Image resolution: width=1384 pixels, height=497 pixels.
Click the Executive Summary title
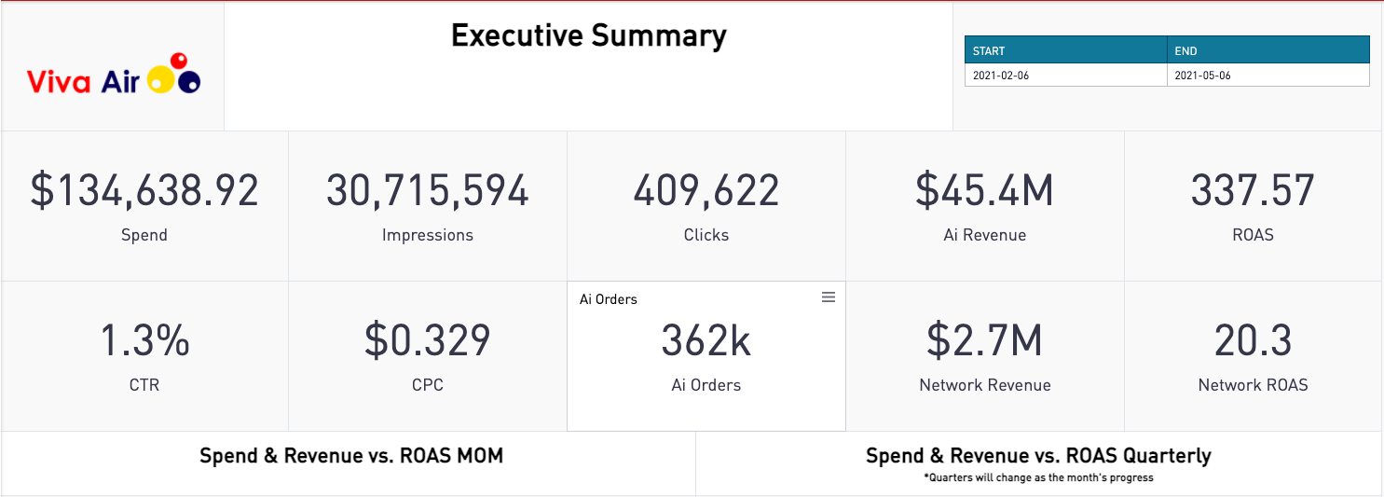pos(588,35)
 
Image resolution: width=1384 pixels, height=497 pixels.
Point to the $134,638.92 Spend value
pos(144,190)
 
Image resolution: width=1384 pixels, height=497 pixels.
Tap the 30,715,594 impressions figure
pos(427,190)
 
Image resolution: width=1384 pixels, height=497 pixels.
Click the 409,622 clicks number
pos(706,190)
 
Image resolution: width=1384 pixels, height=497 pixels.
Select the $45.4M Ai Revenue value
pos(984,190)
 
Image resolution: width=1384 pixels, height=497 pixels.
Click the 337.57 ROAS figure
pos(1253,190)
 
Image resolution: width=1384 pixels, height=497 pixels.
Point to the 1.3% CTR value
pos(144,340)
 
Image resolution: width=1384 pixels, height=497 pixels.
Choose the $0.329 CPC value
pos(427,340)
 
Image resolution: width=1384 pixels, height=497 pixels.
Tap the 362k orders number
pos(706,341)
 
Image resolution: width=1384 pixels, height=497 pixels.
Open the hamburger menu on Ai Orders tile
pos(828,297)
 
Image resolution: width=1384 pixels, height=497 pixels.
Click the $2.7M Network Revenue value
pos(984,340)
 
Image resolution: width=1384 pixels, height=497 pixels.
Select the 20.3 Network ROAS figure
pos(1253,340)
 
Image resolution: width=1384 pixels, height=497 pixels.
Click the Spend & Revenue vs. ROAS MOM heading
pos(351,456)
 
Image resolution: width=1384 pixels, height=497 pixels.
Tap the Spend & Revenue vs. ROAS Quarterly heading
pos(1038,456)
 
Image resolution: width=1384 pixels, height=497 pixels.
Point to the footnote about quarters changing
pos(1038,477)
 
